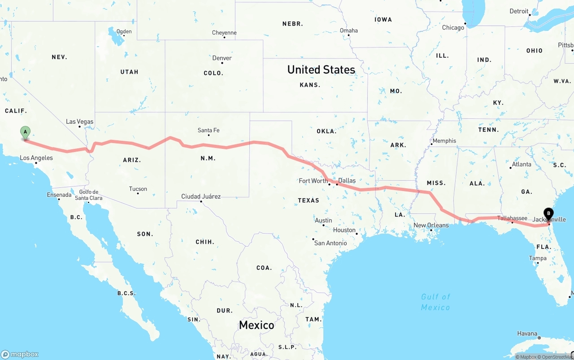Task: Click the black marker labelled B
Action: click(548, 214)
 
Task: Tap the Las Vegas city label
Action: click(79, 121)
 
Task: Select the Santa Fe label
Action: click(209, 130)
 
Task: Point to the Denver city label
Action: click(222, 58)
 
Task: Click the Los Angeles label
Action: click(36, 158)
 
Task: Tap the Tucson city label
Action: click(138, 189)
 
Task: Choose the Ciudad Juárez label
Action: click(200, 196)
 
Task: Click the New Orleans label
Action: click(430, 225)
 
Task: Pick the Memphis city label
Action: click(444, 141)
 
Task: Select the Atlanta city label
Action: click(522, 164)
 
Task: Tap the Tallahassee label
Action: click(512, 218)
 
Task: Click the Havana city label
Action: click(527, 334)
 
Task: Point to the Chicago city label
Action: click(453, 28)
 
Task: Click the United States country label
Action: click(321, 69)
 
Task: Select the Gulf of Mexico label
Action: click(435, 302)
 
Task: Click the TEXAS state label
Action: click(309, 200)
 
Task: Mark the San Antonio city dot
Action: click(313, 239)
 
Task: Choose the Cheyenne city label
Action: click(224, 33)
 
